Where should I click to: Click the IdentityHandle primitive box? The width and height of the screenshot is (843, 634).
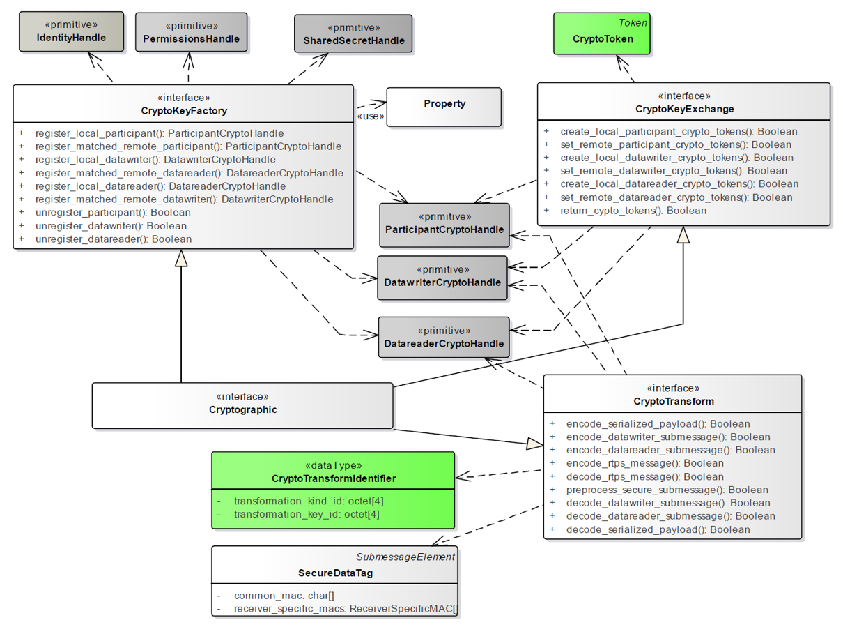pos(71,31)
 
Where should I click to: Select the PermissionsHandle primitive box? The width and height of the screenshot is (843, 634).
pos(191,32)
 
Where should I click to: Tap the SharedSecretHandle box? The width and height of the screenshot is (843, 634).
pos(353,34)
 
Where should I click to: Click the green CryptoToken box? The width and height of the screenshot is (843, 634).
pos(602,33)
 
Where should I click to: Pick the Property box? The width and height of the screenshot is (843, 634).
pos(444,107)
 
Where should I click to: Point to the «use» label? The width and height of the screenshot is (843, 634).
pos(370,116)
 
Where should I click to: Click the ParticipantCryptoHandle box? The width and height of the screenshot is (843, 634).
pos(444,225)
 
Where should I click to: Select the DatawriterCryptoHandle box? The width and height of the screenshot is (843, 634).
pos(442,277)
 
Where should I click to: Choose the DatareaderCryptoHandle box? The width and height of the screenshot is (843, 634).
pos(443,337)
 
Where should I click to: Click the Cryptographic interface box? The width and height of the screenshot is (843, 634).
pos(242,405)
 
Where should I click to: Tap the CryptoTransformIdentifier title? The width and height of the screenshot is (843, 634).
pos(333,478)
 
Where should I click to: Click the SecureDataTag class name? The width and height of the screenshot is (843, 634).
pos(335,573)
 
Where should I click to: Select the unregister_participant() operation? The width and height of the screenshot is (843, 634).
pos(112,213)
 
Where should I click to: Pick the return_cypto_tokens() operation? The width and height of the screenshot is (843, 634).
pos(633,211)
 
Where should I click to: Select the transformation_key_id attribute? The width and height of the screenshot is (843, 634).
pos(306,514)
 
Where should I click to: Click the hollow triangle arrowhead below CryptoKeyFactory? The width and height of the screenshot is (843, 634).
pos(181,258)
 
